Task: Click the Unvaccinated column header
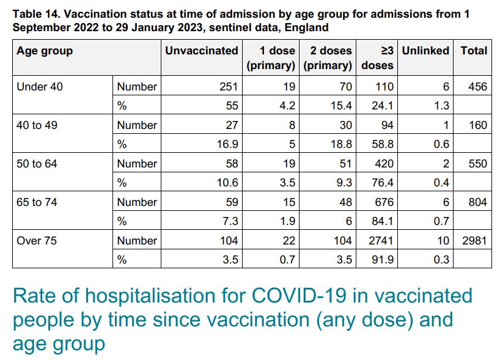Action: (201, 51)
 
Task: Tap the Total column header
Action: (474, 51)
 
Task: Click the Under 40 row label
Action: (40, 87)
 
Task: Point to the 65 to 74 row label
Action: (38, 202)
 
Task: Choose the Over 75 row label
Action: (37, 241)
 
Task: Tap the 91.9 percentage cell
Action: (383, 260)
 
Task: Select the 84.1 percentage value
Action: (383, 221)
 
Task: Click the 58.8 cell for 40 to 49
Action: (383, 144)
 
